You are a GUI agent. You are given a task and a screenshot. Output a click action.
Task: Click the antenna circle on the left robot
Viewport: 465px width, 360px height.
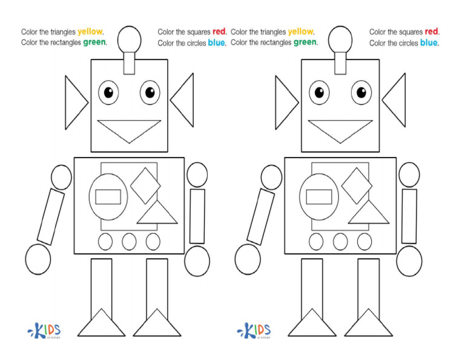point(130,39)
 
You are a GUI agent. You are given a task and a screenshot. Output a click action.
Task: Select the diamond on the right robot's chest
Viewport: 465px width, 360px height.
point(356,185)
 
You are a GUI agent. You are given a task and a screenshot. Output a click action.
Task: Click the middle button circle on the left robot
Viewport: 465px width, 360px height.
point(129,242)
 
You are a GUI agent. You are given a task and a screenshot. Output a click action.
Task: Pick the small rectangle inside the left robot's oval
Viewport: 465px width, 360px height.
point(108,197)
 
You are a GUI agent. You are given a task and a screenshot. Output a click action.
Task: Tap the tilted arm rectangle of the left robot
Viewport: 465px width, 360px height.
point(50,216)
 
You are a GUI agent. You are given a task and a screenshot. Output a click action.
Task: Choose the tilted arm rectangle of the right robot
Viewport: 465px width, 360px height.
point(261,216)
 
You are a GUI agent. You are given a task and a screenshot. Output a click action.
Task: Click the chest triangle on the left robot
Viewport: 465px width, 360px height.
point(157,214)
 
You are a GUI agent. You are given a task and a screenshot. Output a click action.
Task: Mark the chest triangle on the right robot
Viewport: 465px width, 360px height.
point(368,214)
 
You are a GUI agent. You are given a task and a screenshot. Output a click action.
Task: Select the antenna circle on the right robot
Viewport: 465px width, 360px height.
point(340,39)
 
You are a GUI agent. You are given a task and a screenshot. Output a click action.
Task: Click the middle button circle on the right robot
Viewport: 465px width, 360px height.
point(340,242)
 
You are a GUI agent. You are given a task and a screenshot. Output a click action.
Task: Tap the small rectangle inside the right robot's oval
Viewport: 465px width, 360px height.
point(319,197)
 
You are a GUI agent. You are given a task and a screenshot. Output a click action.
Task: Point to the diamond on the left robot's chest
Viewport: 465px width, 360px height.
point(145,185)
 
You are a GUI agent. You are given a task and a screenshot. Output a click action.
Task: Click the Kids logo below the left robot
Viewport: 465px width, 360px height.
point(45,331)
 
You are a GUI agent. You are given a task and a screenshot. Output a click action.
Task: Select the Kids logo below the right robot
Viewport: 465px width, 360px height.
point(254,331)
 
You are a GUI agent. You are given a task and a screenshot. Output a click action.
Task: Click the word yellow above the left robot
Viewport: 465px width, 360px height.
point(90,32)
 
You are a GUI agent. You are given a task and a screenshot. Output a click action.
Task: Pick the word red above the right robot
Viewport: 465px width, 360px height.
point(431,32)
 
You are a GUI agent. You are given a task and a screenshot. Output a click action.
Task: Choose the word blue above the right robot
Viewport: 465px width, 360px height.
point(429,43)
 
